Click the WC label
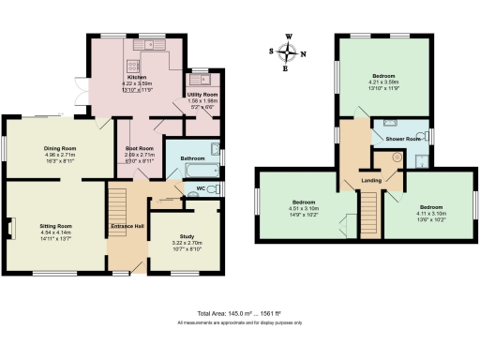(202, 190)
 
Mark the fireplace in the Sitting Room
(11, 228)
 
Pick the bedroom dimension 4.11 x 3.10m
(430, 213)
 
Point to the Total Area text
(239, 313)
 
